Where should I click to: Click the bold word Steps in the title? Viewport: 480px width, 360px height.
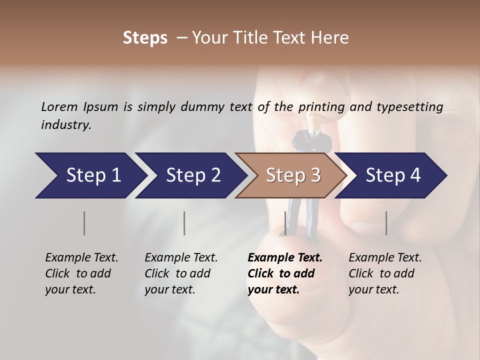pyautogui.click(x=145, y=38)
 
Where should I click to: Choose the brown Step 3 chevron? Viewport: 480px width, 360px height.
pyautogui.click(x=292, y=175)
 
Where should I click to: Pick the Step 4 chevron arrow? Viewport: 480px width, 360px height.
pyautogui.click(x=392, y=175)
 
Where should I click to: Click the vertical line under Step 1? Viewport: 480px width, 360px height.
pyautogui.click(x=84, y=223)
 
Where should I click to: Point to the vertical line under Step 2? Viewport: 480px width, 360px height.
pyautogui.click(x=184, y=223)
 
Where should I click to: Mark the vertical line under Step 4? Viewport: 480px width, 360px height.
pyautogui.click(x=386, y=223)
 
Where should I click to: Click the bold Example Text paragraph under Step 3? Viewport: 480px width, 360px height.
pyautogui.click(x=285, y=273)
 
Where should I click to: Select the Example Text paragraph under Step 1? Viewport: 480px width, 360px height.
pyautogui.click(x=81, y=273)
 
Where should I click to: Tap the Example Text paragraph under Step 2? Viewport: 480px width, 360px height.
pyautogui.click(x=181, y=273)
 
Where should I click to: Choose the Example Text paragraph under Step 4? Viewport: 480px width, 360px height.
pyautogui.click(x=385, y=273)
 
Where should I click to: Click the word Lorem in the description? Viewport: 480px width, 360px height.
pyautogui.click(x=59, y=107)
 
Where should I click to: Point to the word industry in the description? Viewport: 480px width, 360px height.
pyautogui.click(x=65, y=125)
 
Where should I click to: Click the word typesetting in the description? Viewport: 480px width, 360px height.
pyautogui.click(x=408, y=107)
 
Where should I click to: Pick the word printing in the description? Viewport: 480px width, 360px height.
pyautogui.click(x=321, y=107)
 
